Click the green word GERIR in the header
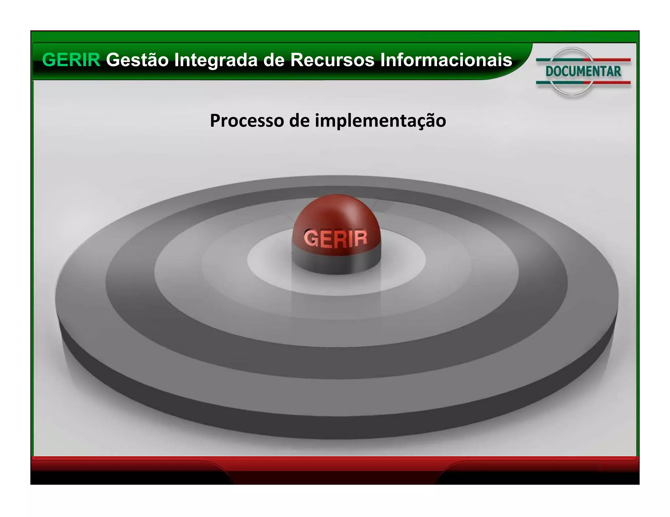point(71,60)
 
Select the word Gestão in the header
point(137,60)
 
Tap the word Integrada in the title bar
point(216,60)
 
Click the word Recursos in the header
point(332,60)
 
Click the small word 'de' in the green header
point(274,60)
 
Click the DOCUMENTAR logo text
point(583,72)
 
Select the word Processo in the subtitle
point(247,121)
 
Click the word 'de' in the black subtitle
point(299,121)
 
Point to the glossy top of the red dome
point(337,209)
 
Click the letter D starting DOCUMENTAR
point(550,72)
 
